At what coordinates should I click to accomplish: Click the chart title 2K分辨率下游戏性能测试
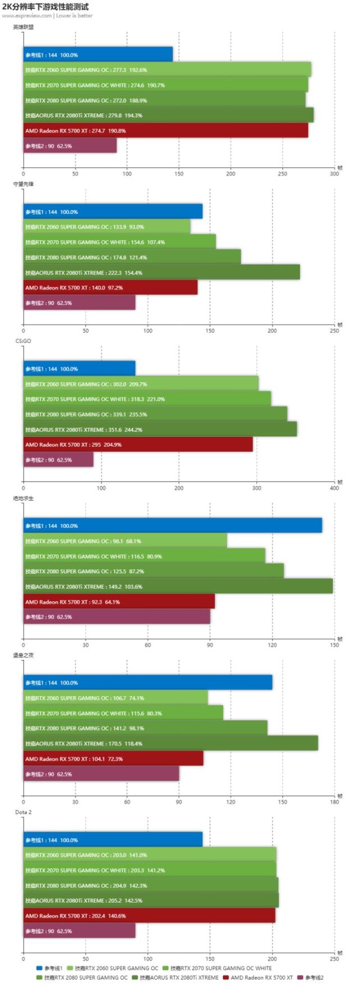[x=45, y=7]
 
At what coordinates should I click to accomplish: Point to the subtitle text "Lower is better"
[x=74, y=16]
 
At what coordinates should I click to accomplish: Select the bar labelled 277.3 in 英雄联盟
[x=167, y=70]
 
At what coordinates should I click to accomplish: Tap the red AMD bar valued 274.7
[x=165, y=130]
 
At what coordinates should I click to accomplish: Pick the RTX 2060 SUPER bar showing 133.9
[x=107, y=227]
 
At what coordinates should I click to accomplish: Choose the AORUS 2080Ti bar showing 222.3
[x=161, y=272]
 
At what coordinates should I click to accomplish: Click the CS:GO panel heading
[x=23, y=341]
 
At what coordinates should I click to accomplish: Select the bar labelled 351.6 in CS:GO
[x=160, y=429]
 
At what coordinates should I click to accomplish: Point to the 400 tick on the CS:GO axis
[x=334, y=488]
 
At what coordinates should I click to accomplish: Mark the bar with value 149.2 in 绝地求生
[x=177, y=587]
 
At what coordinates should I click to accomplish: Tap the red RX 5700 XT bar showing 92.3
[x=119, y=602]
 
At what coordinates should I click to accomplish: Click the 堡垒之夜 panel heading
[x=24, y=655]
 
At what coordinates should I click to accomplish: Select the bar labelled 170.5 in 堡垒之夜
[x=171, y=743]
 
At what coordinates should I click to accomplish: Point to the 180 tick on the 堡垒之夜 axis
[x=334, y=802]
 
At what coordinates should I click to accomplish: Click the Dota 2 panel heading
[x=24, y=812]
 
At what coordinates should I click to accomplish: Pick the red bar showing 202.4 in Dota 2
[x=149, y=916]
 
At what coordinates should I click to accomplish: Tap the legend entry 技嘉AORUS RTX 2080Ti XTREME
[x=179, y=977]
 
